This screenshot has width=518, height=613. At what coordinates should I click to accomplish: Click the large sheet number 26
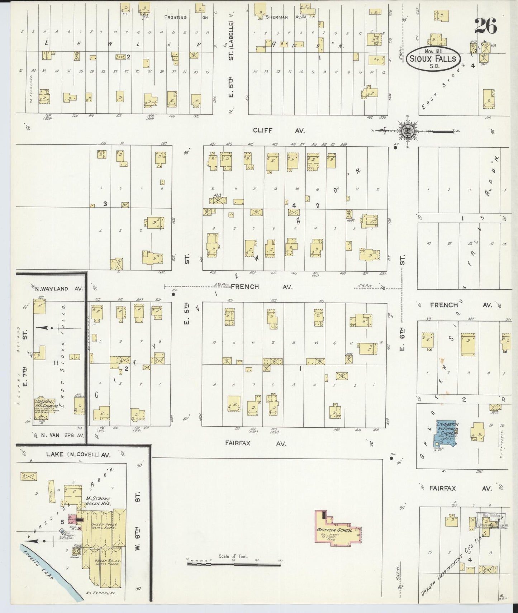tap(485, 26)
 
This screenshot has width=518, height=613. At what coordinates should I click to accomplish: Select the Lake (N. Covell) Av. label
tap(78, 455)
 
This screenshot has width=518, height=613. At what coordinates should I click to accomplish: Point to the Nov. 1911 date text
tap(432, 51)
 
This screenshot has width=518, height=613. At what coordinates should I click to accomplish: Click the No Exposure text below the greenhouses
tap(101, 593)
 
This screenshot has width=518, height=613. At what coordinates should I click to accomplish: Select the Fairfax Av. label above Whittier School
tap(256, 443)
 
